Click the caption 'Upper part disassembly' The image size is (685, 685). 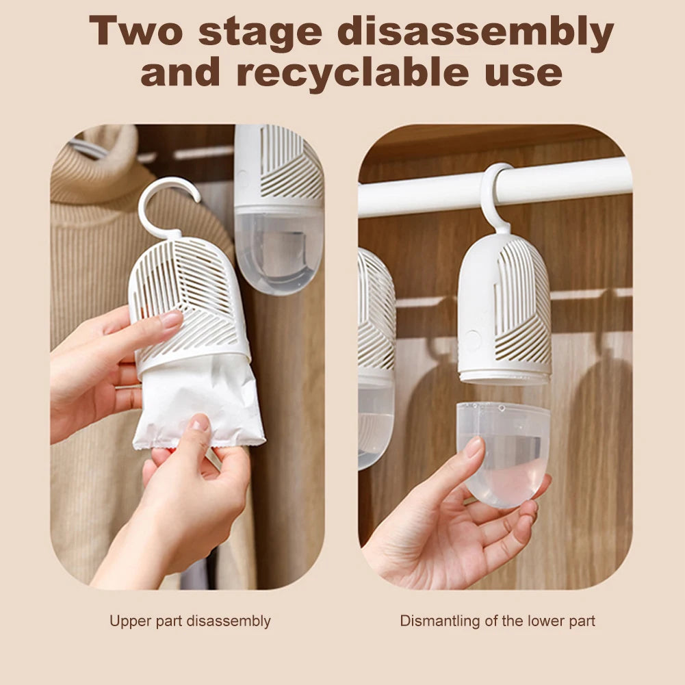(x=190, y=621)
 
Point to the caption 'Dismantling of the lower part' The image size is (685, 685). (x=497, y=621)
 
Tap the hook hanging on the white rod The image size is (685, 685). (x=494, y=195)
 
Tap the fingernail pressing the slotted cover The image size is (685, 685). (x=171, y=319)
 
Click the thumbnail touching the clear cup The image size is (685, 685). (x=474, y=448)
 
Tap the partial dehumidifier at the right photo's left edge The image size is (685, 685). (x=376, y=356)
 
